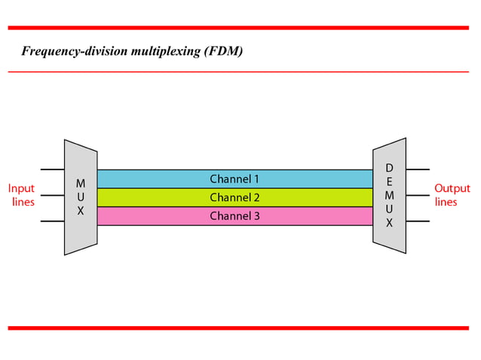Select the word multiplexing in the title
pos(155,52)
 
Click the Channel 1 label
pos(234,179)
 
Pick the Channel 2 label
pos(234,198)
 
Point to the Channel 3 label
pos(234,216)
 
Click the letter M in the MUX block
pos(81,183)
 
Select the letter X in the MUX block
pos(81,212)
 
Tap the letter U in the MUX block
pos(81,197)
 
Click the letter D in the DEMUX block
pos(389,167)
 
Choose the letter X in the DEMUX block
pos(389,224)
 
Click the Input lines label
pos(21,195)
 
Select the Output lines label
pos(451,195)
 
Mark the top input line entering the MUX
pos(52,169)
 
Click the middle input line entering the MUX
pos(52,196)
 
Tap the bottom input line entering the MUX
pos(52,221)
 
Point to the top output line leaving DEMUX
pos(418,169)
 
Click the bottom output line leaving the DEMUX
pos(418,221)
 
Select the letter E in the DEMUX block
pos(389,182)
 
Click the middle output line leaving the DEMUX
pos(418,196)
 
